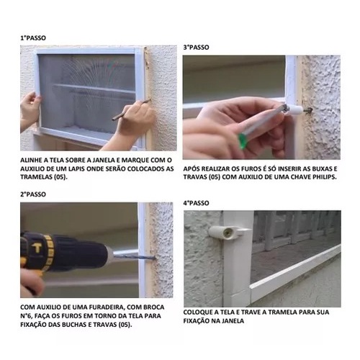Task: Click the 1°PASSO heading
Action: click(x=33, y=38)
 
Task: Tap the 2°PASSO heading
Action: click(x=33, y=194)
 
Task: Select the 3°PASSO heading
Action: click(x=196, y=48)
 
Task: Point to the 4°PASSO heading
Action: click(x=196, y=203)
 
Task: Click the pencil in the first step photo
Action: click(x=131, y=109)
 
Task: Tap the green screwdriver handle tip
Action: click(x=242, y=141)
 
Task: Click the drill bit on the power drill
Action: click(x=135, y=257)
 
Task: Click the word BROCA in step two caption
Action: click(x=153, y=307)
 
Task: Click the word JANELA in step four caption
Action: click(x=233, y=321)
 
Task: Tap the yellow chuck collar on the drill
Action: click(x=49, y=250)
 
